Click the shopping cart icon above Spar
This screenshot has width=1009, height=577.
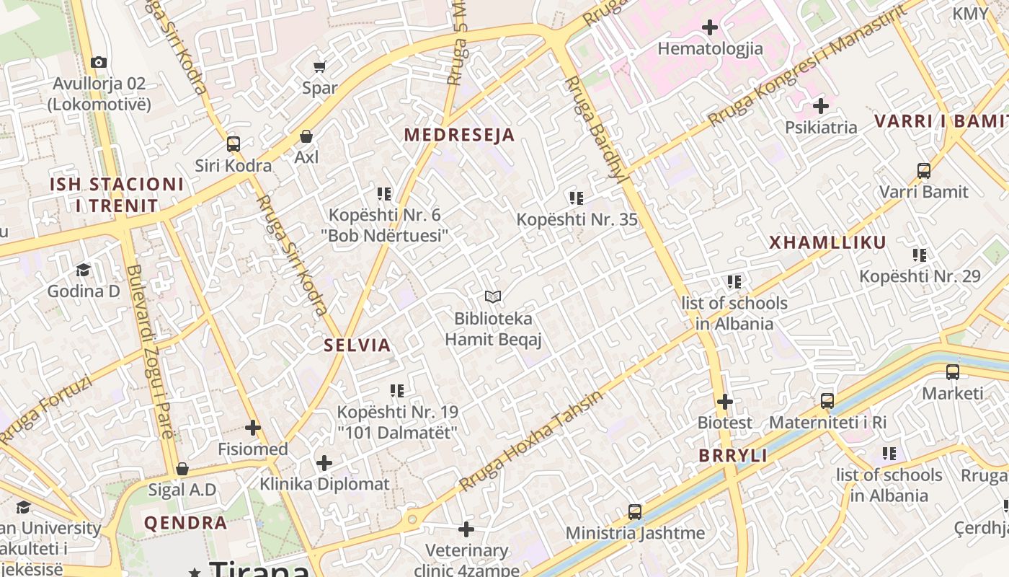(x=319, y=67)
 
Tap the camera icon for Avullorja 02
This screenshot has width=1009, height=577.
(x=99, y=63)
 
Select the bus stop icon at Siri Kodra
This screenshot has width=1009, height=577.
(x=233, y=144)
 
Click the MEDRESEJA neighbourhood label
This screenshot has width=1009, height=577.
(x=459, y=135)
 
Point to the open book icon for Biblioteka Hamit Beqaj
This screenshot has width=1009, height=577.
(x=493, y=296)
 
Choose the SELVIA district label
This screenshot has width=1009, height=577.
(x=357, y=345)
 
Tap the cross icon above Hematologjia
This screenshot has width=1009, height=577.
(x=710, y=28)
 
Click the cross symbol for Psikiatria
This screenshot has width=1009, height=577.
(x=821, y=107)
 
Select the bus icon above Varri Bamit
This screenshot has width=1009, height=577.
(x=924, y=171)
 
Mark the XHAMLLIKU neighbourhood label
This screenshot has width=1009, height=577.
(x=827, y=242)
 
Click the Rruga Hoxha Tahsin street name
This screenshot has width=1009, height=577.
(x=531, y=440)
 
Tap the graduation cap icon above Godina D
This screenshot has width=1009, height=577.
(x=83, y=270)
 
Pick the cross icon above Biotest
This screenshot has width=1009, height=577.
(x=725, y=402)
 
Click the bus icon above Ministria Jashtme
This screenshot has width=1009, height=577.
(x=635, y=512)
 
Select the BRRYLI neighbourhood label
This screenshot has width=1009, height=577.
(x=733, y=456)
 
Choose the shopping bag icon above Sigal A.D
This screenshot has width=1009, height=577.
(x=182, y=470)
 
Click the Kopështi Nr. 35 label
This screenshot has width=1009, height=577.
(x=577, y=219)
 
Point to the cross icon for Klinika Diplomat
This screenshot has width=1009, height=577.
(x=324, y=462)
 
